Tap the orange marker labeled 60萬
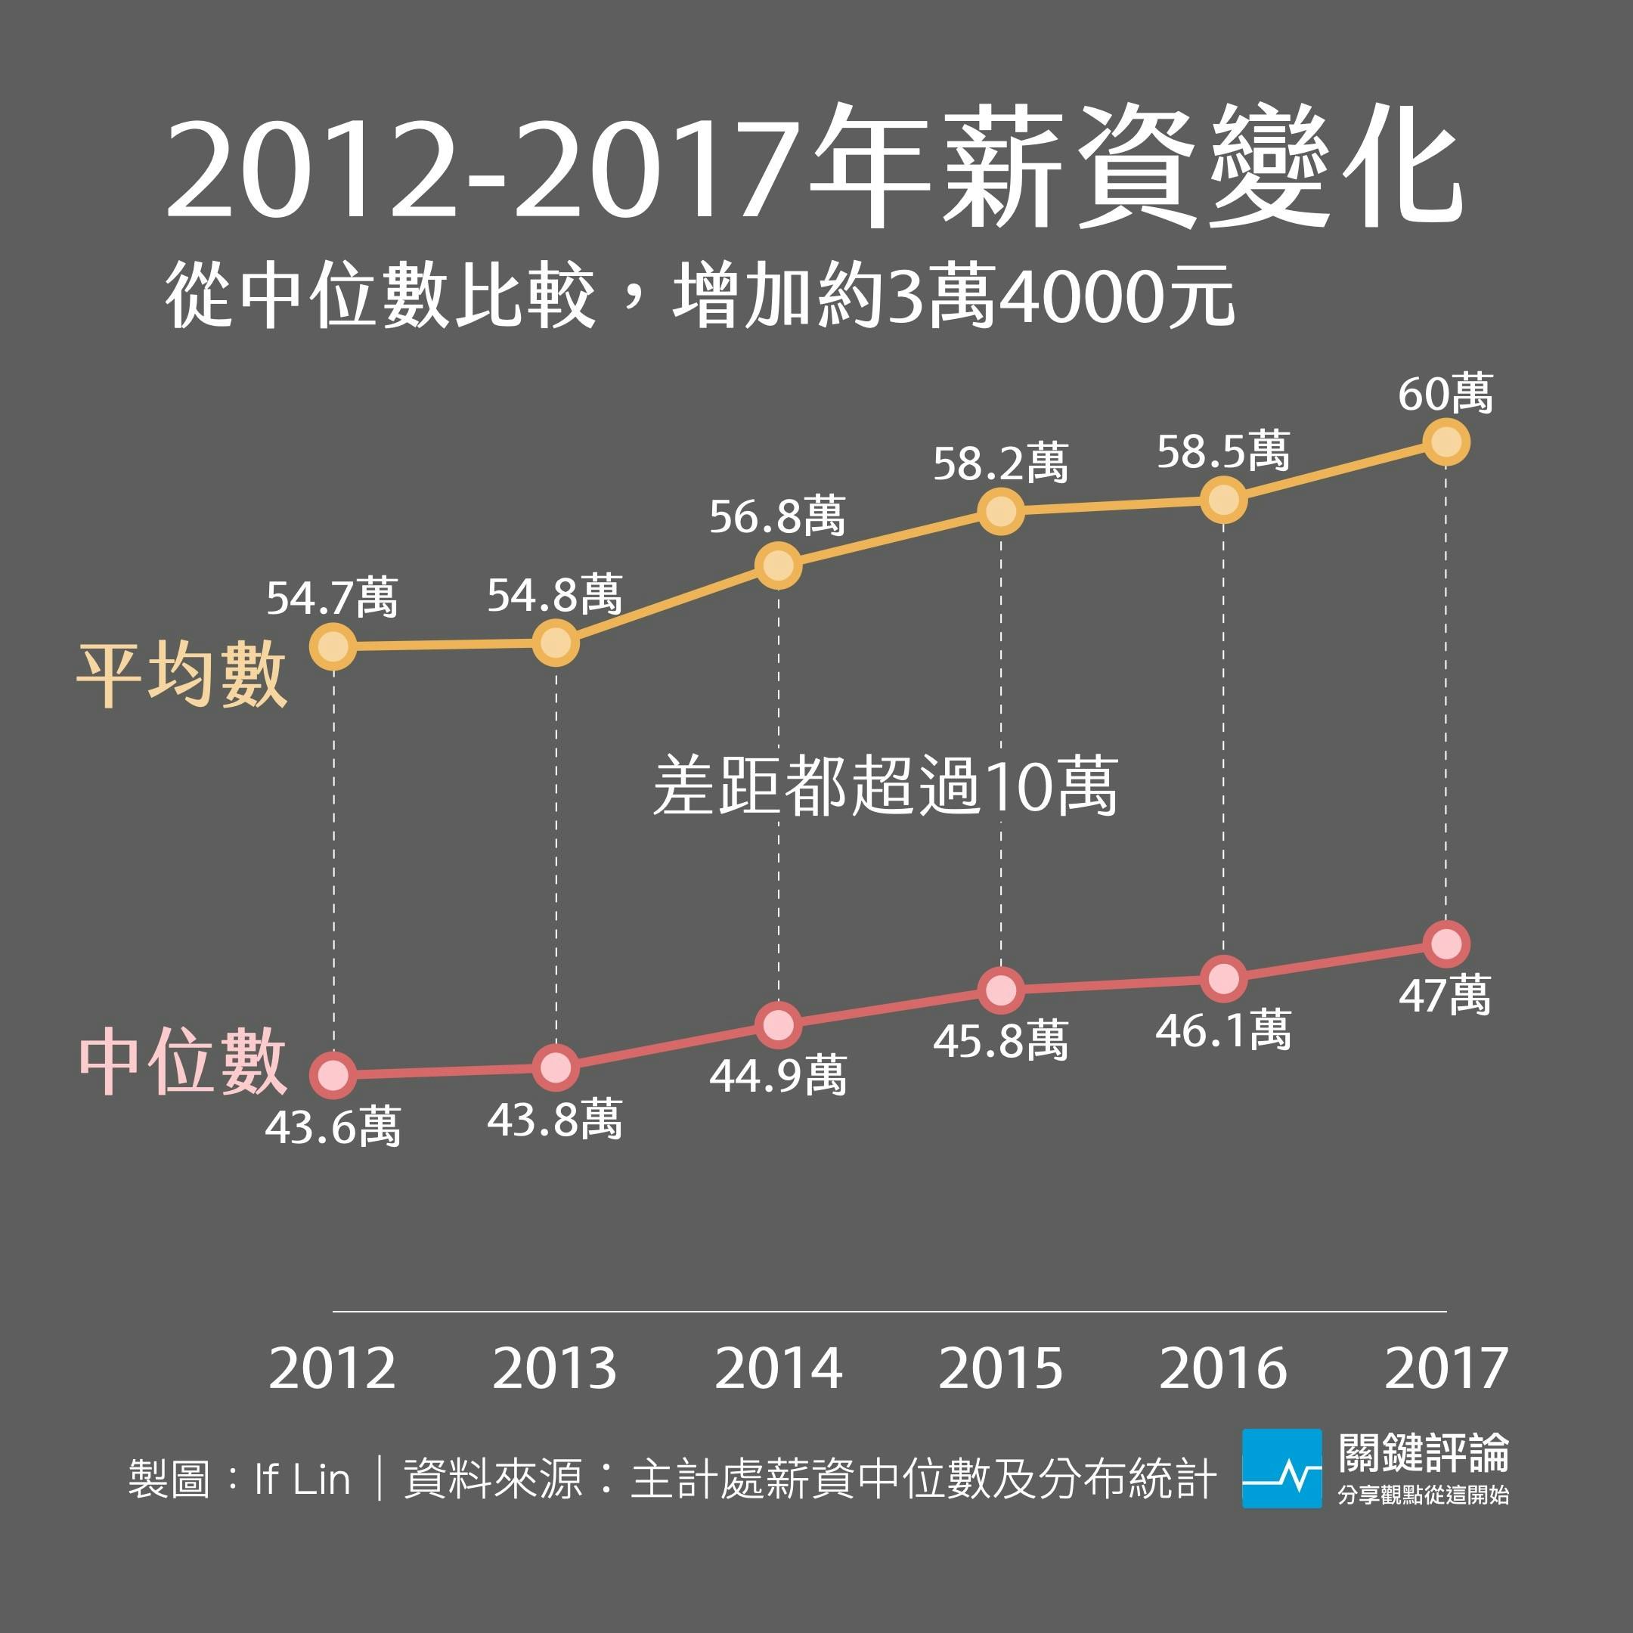point(1446,442)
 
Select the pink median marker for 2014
point(778,1024)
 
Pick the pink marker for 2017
point(1446,944)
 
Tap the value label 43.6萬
point(332,1126)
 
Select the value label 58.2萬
point(1000,464)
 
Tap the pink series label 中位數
point(182,1061)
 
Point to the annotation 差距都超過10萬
point(885,786)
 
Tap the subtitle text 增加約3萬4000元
point(953,296)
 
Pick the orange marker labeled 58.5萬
point(1223,500)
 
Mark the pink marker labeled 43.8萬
point(556,1067)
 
